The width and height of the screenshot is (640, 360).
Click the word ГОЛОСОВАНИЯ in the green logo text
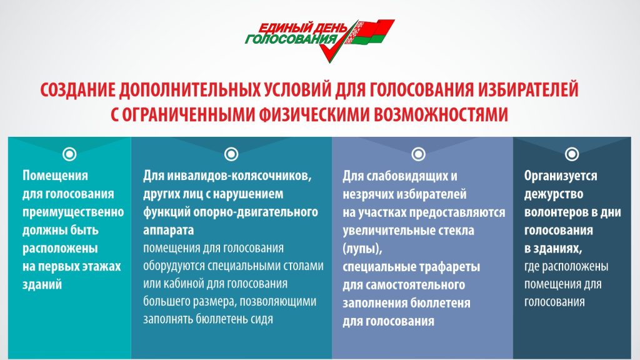pyautogui.click(x=291, y=39)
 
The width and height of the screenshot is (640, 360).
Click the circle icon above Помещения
pyautogui.click(x=69, y=154)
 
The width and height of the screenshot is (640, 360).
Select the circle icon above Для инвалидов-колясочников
pyautogui.click(x=231, y=154)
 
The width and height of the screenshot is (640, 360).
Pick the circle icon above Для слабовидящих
pyautogui.click(x=418, y=154)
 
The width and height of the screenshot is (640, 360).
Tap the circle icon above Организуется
pyautogui.click(x=572, y=154)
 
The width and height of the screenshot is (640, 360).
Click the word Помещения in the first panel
pyautogui.click(x=55, y=176)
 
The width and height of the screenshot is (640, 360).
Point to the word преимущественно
pyautogui.click(x=73, y=212)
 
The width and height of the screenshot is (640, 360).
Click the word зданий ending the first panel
pyautogui.click(x=42, y=284)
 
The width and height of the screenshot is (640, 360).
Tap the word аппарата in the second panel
pyautogui.click(x=168, y=231)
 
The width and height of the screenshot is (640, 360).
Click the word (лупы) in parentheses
pyautogui.click(x=362, y=249)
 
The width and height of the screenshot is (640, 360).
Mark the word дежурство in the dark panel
pyautogui.click(x=554, y=194)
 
